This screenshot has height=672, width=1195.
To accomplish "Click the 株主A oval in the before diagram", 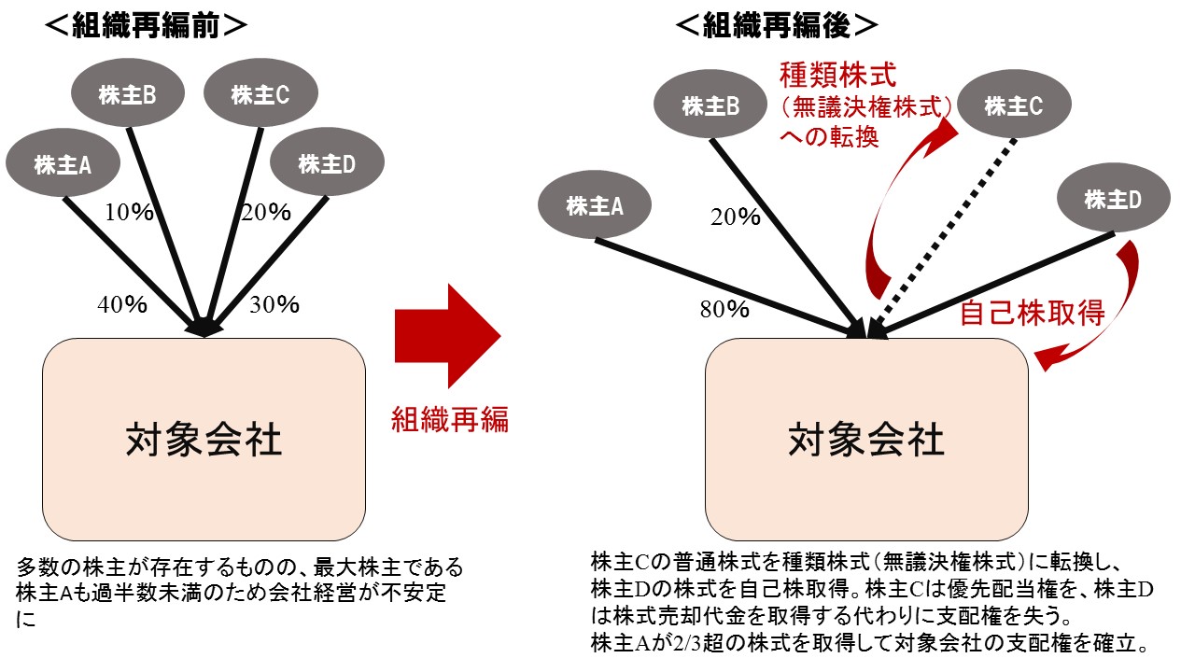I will click(x=63, y=164).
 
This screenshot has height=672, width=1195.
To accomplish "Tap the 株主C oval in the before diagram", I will click(x=260, y=94).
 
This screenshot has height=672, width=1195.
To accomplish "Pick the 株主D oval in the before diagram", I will click(x=327, y=164).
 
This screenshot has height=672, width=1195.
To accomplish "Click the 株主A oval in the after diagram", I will click(x=595, y=206).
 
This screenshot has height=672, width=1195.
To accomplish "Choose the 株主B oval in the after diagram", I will click(x=710, y=106).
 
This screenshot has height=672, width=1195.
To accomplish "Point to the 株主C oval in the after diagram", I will click(x=1012, y=106).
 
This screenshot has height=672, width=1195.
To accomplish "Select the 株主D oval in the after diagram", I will click(x=1113, y=199).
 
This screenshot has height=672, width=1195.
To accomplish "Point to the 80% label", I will click(x=724, y=309).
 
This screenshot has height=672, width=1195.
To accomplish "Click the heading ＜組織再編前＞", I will click(x=146, y=27).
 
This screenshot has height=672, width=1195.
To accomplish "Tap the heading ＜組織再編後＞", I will click(x=776, y=27).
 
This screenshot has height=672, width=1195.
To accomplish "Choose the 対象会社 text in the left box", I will click(x=204, y=440).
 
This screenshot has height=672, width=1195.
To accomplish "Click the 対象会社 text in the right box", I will click(x=866, y=440).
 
